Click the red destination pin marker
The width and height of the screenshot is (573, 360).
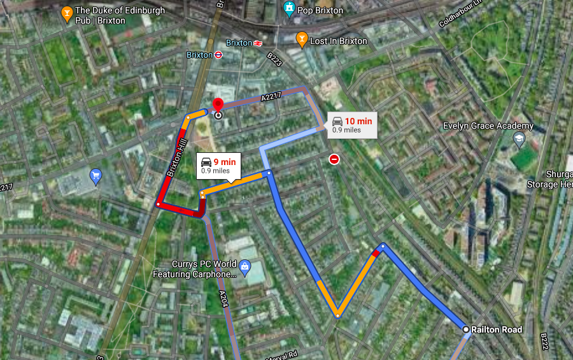point(218,105)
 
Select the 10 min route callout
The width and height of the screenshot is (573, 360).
point(351,125)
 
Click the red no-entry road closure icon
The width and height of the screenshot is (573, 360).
point(334,159)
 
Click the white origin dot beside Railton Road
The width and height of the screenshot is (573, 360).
point(466,329)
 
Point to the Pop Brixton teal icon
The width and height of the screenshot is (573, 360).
point(289,10)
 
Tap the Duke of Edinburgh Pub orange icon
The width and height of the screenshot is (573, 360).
point(66,13)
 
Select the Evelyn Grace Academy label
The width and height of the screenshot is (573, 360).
point(488,126)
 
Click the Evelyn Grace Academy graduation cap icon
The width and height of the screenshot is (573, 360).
point(520,138)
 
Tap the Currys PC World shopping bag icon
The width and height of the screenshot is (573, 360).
point(245,264)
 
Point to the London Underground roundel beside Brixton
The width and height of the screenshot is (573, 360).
point(218,55)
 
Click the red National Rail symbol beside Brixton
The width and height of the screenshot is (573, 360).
point(258,43)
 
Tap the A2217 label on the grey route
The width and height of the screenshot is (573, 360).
point(271,97)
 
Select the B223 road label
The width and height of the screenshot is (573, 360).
point(274,59)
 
